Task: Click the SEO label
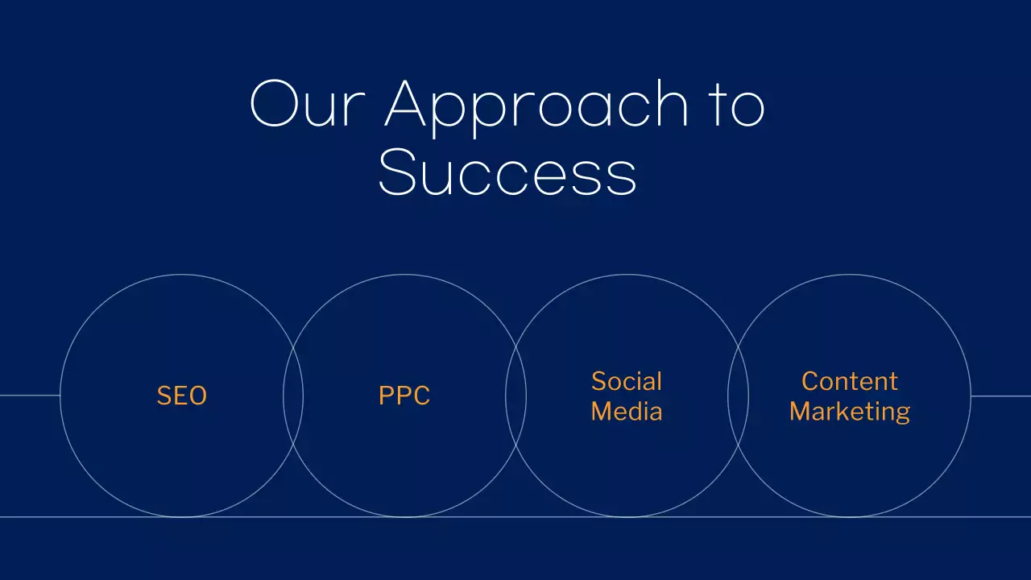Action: click(182, 396)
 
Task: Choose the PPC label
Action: click(404, 396)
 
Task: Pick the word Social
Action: click(627, 381)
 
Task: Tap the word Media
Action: click(627, 412)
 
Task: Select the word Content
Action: click(850, 381)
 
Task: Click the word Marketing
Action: click(850, 412)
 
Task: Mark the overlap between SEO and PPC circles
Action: click(293, 396)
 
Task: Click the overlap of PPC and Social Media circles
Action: click(515, 396)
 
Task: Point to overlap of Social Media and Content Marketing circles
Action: click(738, 396)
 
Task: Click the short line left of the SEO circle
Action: click(29, 396)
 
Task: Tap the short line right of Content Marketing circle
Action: click(1001, 396)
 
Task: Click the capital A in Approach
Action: click(410, 105)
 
